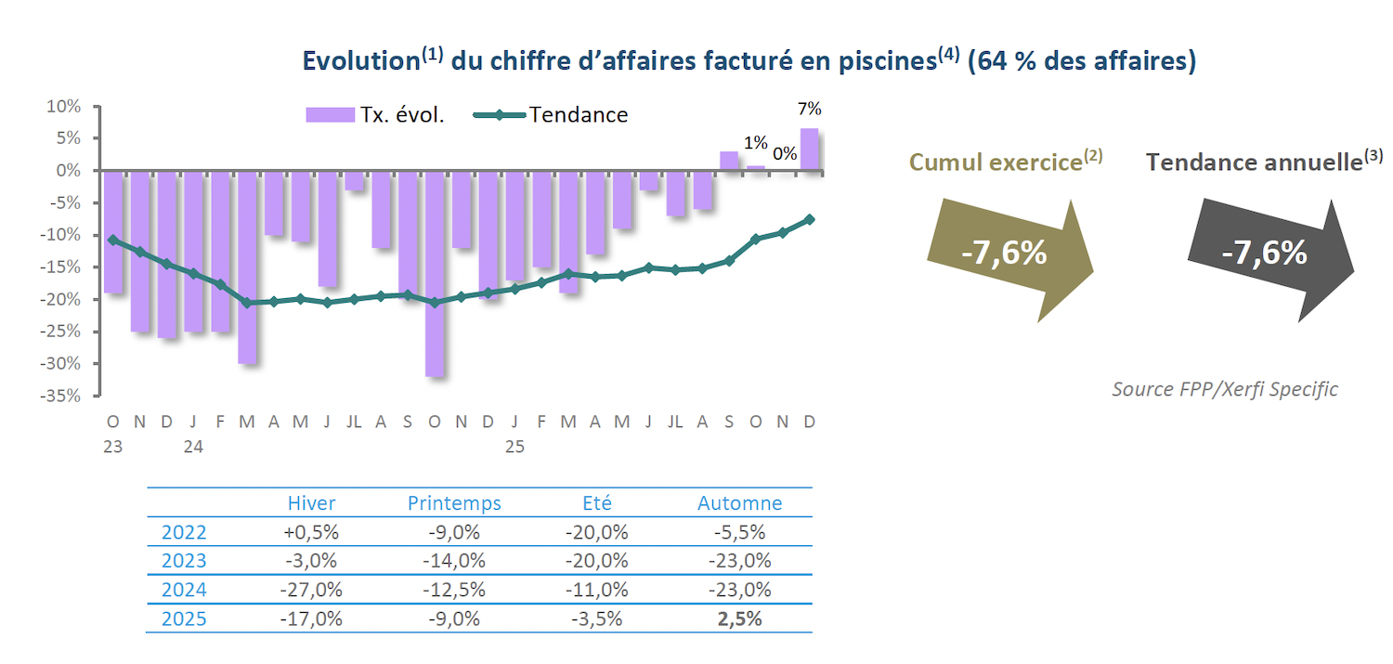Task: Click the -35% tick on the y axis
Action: point(62,396)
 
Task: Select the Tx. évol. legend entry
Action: point(375,115)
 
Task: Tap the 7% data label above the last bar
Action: point(810,109)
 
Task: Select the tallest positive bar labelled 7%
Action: point(810,150)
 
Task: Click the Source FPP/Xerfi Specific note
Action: point(1225,389)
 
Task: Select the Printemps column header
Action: point(454,503)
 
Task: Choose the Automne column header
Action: point(740,503)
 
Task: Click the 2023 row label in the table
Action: point(184,561)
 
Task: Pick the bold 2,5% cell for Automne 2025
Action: point(740,618)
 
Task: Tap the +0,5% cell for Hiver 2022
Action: point(312,533)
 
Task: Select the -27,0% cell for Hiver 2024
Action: point(312,590)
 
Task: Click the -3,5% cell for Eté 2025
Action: point(596,618)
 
